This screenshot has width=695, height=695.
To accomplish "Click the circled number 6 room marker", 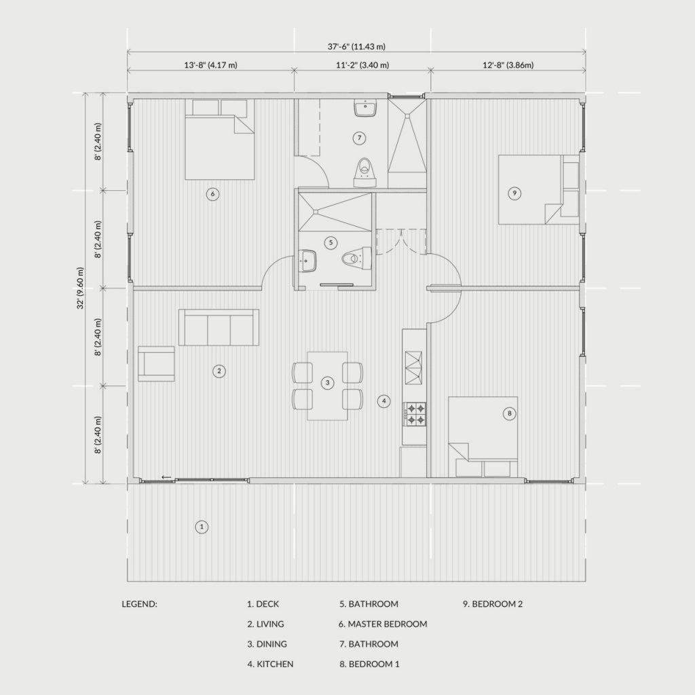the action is [x=212, y=193].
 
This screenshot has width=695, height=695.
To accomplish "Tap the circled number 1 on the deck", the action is [x=202, y=527].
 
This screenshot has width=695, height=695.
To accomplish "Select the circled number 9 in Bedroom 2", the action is [x=514, y=193].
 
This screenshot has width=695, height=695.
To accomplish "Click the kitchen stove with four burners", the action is [x=415, y=415].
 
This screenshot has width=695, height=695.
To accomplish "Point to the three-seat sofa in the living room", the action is [x=219, y=327].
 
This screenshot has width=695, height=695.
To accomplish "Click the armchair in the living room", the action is [x=156, y=364].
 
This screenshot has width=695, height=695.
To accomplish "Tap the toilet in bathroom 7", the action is [x=364, y=173].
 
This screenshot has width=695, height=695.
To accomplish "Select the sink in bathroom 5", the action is [x=307, y=261].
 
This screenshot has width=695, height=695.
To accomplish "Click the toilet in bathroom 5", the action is [x=356, y=259].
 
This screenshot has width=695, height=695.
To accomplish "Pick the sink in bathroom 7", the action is [x=365, y=108].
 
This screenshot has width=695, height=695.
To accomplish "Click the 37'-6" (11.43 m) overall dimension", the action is [x=356, y=46].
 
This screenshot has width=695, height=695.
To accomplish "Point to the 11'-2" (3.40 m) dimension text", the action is [x=362, y=65].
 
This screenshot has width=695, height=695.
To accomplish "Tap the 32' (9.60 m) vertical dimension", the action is [x=80, y=288].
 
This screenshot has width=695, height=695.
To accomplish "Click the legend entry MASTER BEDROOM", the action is [x=388, y=624].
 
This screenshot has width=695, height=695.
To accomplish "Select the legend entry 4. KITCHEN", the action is [x=270, y=664].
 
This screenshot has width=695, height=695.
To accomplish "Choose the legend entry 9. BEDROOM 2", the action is [x=493, y=603].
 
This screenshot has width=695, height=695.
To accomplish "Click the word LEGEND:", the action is [x=139, y=603].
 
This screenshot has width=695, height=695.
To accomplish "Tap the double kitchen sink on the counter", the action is [x=413, y=368].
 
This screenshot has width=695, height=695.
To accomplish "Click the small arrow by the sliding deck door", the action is [x=166, y=477].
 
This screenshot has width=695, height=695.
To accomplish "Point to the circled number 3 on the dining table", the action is [x=328, y=383].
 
